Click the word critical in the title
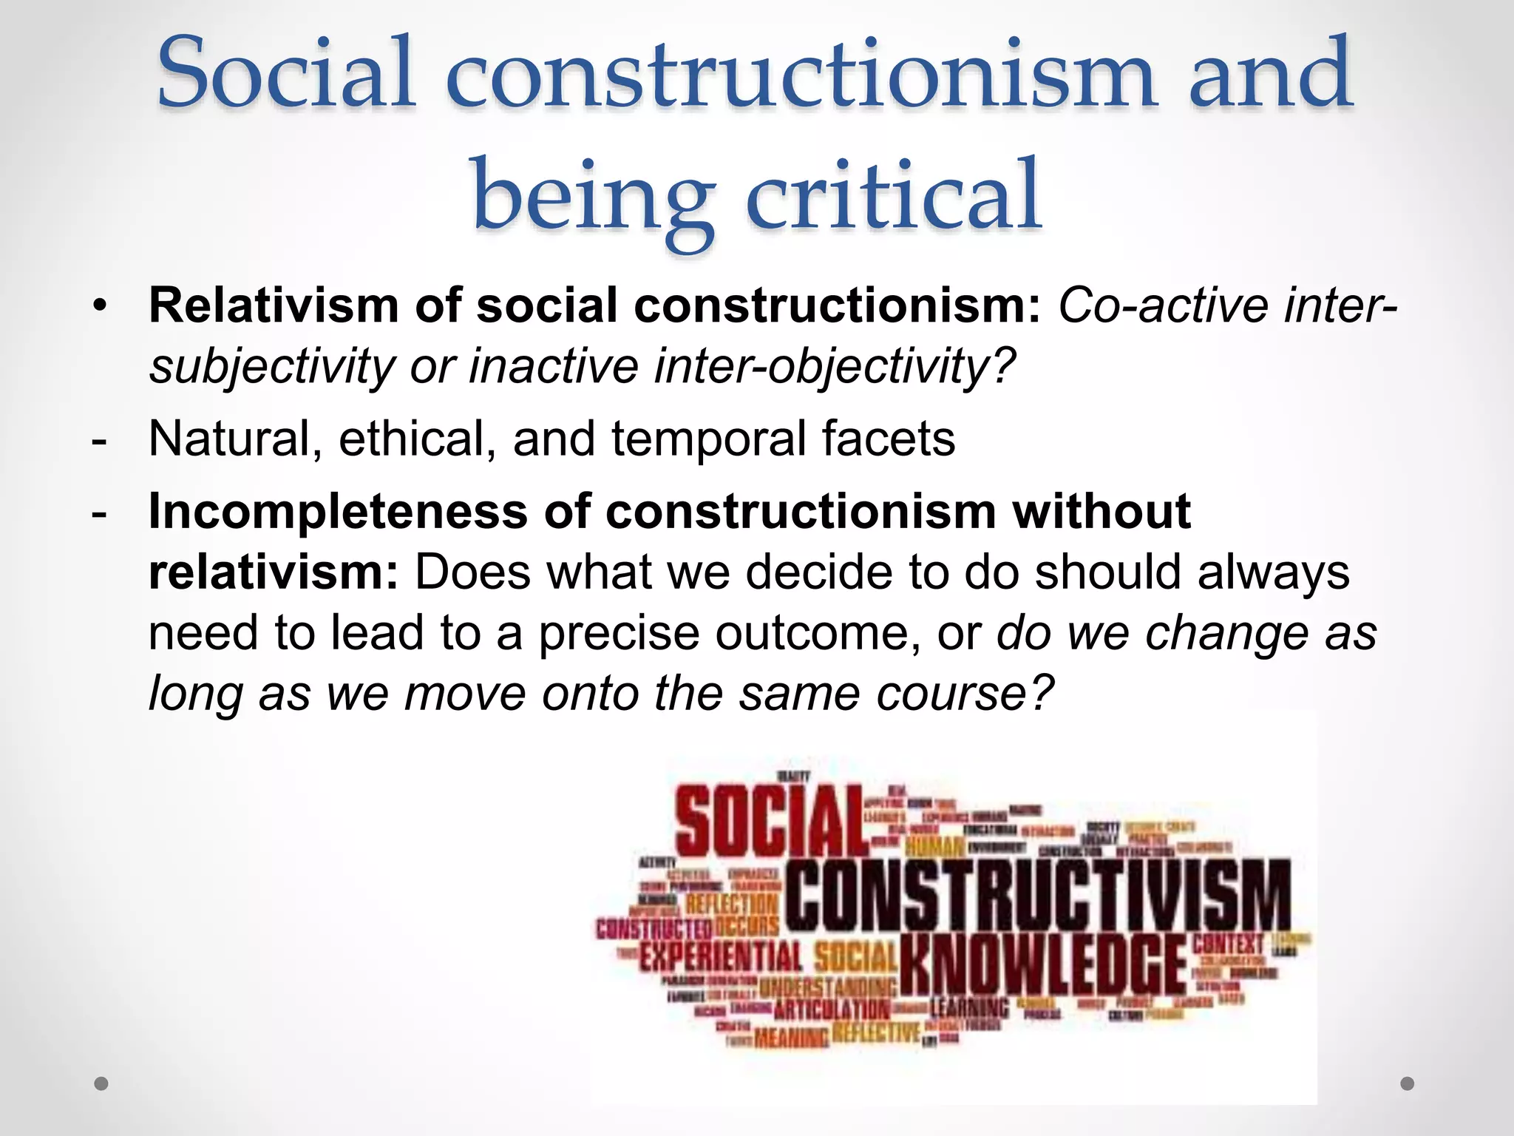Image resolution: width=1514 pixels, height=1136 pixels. coord(895,196)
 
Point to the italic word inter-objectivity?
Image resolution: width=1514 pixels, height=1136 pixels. coord(835,367)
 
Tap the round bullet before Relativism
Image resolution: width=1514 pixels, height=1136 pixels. coord(101,305)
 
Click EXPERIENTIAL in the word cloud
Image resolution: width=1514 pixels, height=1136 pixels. coord(721,957)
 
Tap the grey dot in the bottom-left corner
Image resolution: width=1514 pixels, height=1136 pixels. coord(102,1083)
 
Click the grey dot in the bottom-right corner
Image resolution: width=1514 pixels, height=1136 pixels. coord(1408,1083)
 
